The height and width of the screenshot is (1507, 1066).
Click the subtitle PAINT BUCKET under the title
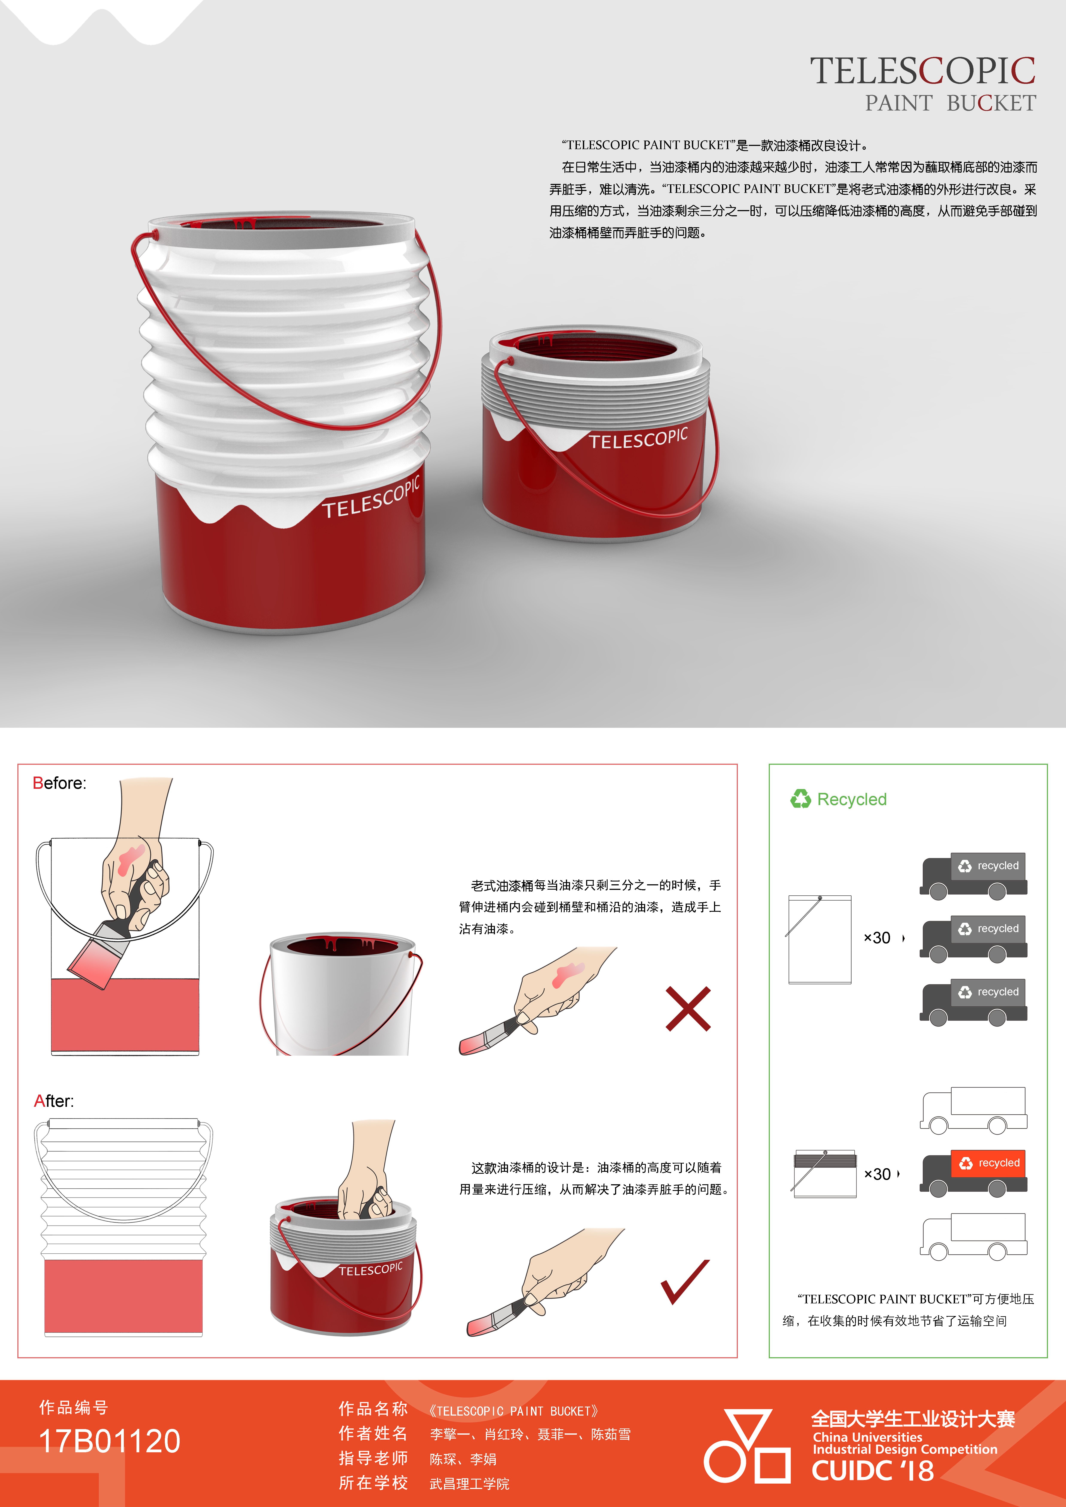[951, 103]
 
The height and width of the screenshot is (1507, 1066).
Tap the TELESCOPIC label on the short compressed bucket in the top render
[638, 438]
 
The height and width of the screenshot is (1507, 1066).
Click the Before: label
[59, 783]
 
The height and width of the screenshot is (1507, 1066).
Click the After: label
[54, 1101]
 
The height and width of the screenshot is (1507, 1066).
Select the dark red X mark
[688, 1009]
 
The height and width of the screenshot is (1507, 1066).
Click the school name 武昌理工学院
[469, 1484]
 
